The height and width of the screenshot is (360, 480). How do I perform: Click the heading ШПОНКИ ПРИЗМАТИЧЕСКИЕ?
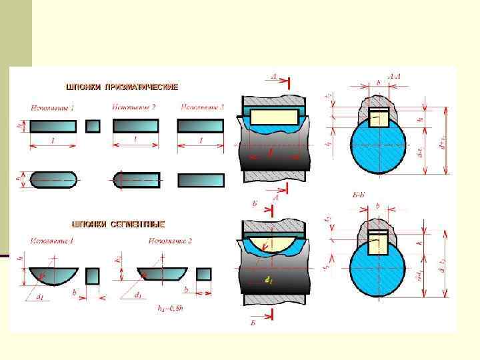point(121,87)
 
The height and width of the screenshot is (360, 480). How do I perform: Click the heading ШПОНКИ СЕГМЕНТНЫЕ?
point(118,225)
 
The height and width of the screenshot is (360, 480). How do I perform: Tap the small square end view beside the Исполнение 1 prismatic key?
point(93,125)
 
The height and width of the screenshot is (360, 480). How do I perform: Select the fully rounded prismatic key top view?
point(53,179)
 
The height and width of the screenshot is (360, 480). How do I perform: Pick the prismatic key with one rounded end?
point(136,179)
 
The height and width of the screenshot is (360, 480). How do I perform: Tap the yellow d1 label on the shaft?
point(268,281)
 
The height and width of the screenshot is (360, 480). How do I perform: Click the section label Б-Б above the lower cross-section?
point(358,195)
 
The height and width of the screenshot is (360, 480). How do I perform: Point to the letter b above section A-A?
point(378,81)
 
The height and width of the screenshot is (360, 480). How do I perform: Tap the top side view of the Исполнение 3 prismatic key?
point(201,125)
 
